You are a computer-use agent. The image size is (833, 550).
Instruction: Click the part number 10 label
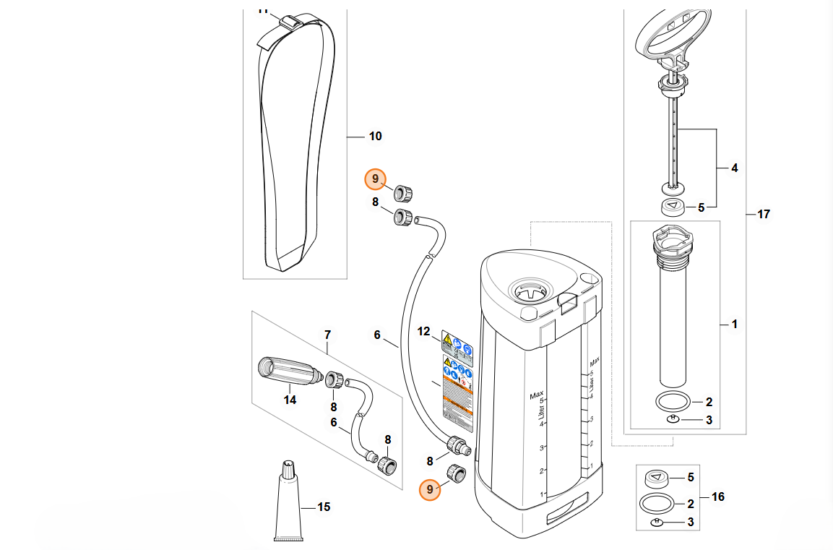376,137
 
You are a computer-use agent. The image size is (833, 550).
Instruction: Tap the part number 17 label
764,214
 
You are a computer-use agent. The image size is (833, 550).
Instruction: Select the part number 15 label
324,507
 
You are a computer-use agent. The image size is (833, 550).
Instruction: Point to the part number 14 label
290,399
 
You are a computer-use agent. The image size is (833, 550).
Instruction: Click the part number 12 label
424,332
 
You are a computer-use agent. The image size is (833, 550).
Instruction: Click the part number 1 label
735,325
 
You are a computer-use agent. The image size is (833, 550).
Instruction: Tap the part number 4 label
735,168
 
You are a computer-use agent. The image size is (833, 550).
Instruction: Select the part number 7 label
327,335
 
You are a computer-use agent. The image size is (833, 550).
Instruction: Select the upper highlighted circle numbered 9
375,179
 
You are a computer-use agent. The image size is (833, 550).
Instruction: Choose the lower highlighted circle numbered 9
430,490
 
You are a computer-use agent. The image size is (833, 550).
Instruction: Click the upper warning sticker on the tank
457,342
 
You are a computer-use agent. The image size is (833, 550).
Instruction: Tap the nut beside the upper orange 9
402,192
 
